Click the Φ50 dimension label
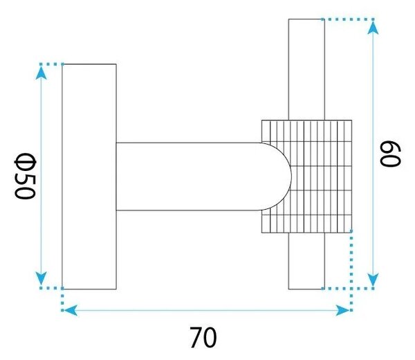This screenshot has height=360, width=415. click(24, 176)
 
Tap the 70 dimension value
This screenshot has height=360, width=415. click(203, 337)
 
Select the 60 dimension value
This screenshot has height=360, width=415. click(390, 154)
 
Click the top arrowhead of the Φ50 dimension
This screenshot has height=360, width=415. click(41, 73)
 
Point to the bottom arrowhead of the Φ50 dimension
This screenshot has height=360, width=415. click(41, 278)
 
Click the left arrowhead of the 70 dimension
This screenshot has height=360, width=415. click(71, 310)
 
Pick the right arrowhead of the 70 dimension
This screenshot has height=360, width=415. click(342, 310)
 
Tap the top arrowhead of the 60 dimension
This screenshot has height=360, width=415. click(373, 28)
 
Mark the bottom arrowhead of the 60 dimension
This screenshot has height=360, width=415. click(373, 280)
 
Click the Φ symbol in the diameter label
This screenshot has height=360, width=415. click(24, 161)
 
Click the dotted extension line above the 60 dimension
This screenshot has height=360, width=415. click(348, 19)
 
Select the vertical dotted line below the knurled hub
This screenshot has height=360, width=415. click(351, 271)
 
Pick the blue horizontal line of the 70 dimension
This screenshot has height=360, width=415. click(207, 310)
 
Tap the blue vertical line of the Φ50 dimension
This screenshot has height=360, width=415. click(41, 176)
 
